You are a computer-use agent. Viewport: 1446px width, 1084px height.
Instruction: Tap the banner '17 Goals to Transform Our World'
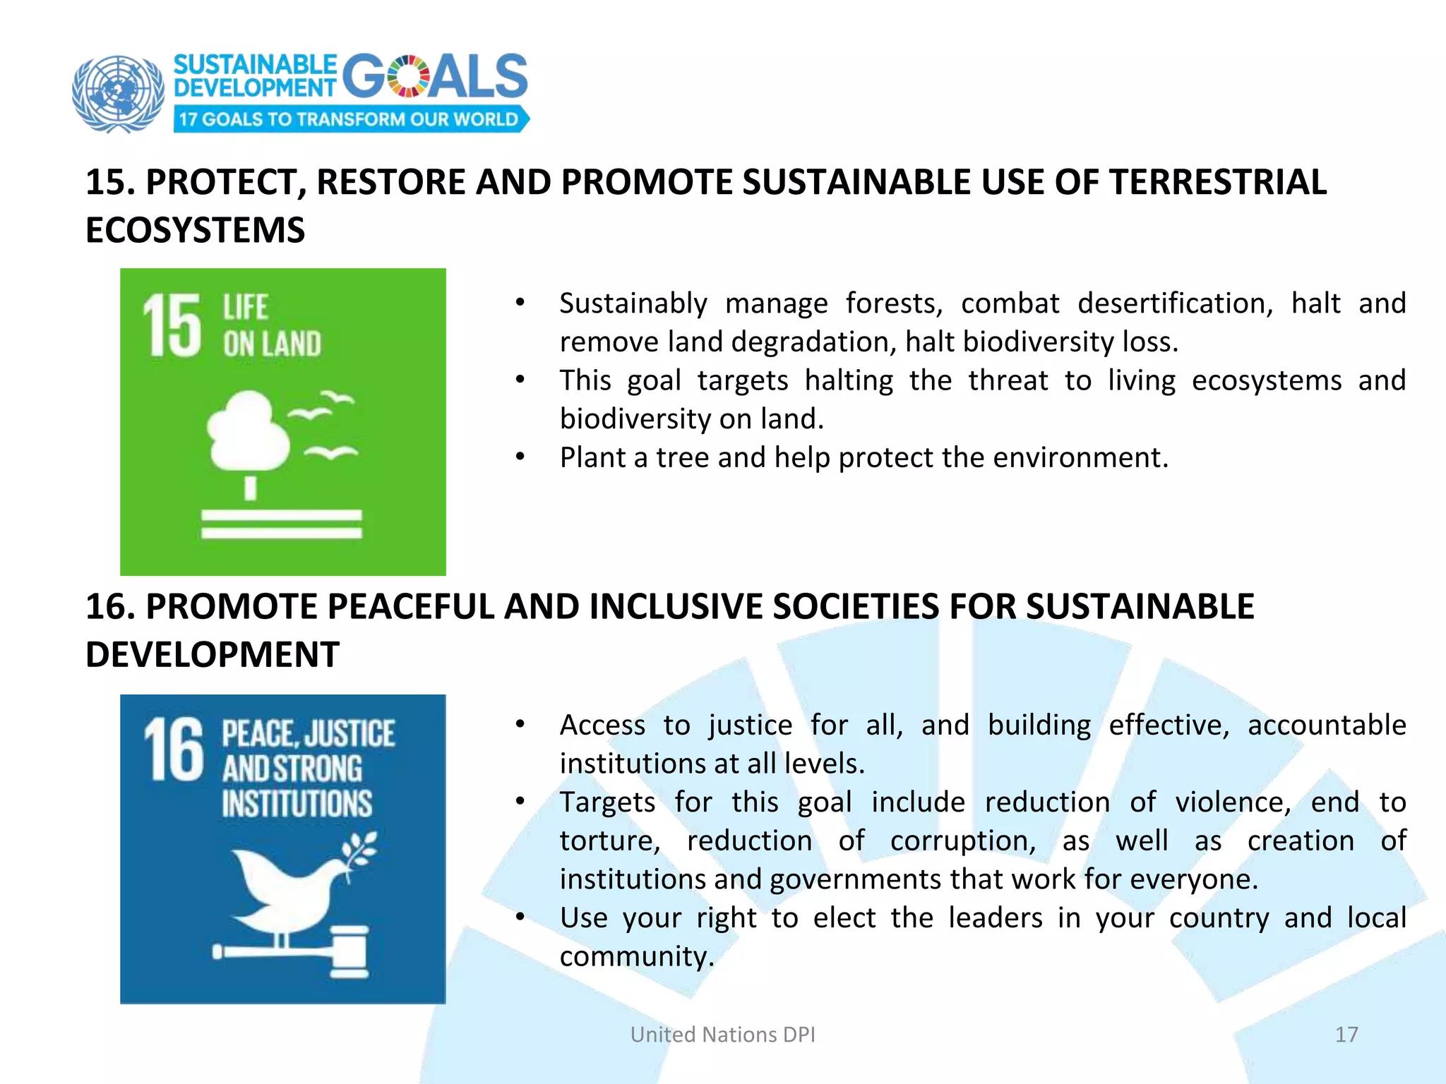[x=349, y=119]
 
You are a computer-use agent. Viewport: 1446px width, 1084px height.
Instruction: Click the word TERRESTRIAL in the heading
[x=1217, y=182]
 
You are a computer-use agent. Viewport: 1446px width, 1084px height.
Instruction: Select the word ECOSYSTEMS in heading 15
[x=196, y=230]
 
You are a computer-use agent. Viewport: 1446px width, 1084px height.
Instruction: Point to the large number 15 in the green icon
[x=172, y=325]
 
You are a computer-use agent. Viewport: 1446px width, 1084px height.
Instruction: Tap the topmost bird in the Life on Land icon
[x=336, y=398]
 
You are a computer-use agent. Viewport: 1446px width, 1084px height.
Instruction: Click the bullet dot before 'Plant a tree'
[x=520, y=457]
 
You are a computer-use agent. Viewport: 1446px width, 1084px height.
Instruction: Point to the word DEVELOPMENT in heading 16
[x=213, y=654]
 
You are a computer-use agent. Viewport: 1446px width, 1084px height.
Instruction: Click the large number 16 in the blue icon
[x=173, y=749]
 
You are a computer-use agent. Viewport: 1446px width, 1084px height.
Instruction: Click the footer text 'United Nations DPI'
[x=722, y=1035]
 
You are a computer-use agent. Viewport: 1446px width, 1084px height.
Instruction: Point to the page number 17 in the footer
[x=1346, y=1035]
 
